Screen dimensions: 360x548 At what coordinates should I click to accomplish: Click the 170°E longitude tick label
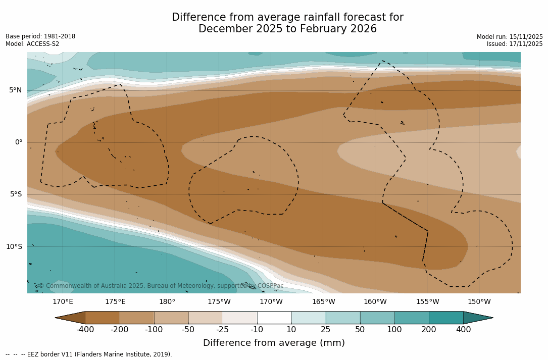click(63, 302)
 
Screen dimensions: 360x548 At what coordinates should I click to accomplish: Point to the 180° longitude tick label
click(167, 302)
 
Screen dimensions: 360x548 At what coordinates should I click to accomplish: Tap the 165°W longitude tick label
click(323, 302)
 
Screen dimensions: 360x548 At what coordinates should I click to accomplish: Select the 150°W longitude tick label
click(479, 302)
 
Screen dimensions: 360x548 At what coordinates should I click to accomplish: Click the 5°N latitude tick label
click(15, 90)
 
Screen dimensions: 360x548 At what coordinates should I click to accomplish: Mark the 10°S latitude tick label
click(14, 247)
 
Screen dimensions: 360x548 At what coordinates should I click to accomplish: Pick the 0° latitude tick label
click(18, 142)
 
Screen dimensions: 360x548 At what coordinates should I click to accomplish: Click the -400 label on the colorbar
click(85, 330)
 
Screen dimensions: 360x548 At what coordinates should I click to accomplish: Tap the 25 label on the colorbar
click(326, 330)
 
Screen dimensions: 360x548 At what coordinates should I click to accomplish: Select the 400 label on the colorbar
click(463, 330)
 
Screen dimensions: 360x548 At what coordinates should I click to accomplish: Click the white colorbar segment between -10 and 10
click(274, 318)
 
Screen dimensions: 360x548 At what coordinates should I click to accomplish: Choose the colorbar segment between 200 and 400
click(446, 318)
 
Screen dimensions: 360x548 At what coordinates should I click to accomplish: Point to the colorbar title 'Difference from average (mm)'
click(274, 343)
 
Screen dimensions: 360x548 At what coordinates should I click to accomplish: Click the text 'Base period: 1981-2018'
click(40, 36)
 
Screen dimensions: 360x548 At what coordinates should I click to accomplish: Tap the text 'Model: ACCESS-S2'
click(32, 44)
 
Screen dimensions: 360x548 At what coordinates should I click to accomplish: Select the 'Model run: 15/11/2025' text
click(510, 37)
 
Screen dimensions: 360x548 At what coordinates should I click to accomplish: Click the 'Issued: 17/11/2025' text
click(515, 44)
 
